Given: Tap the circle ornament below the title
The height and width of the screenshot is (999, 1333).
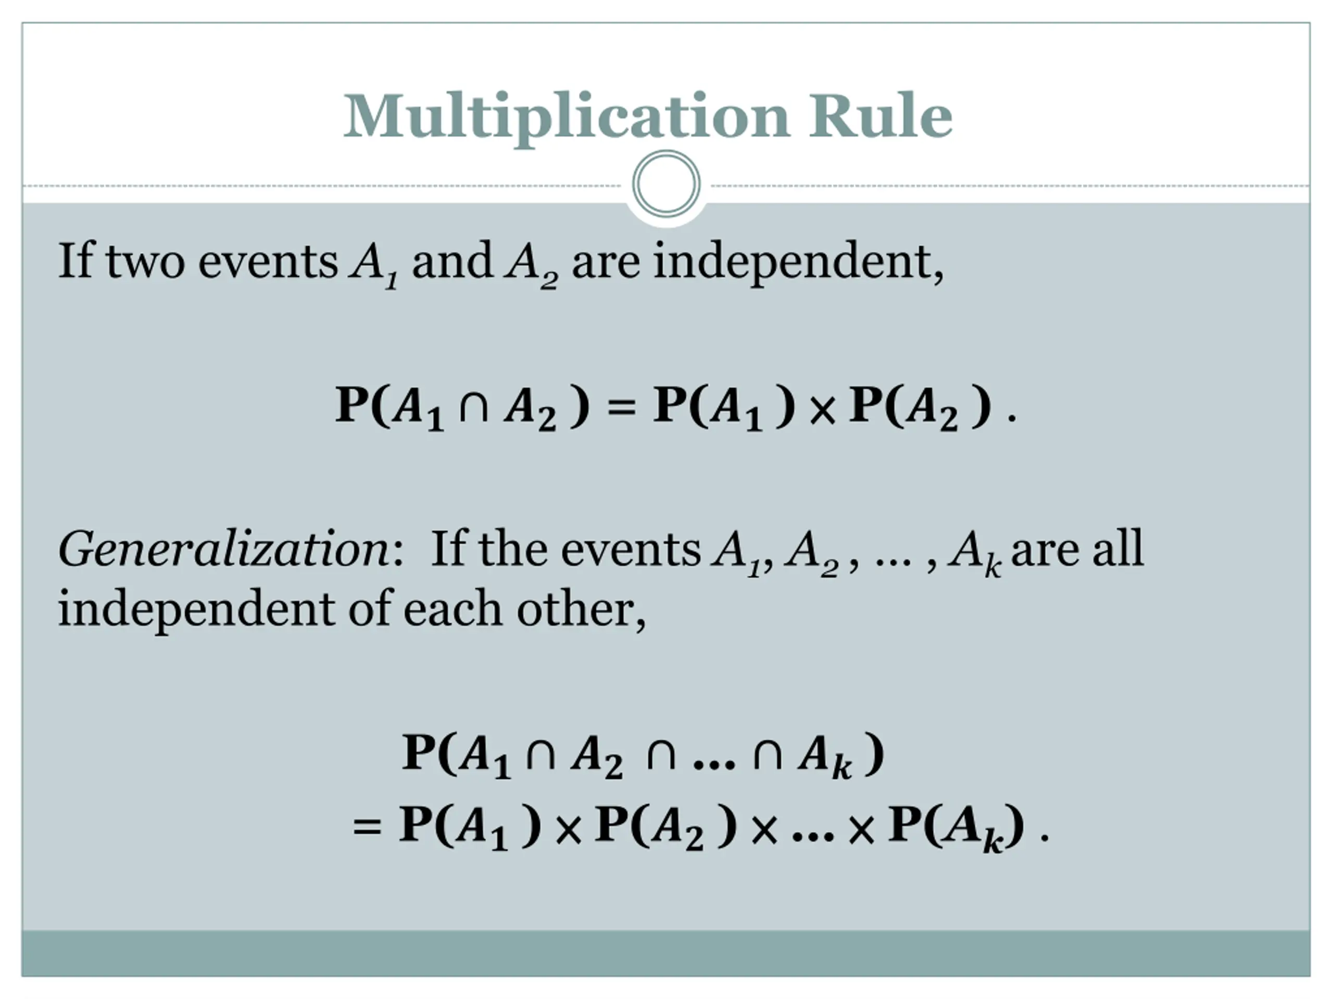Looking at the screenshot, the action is pyautogui.click(x=666, y=184).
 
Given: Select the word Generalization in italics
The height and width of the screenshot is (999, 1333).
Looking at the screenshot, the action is pyautogui.click(x=223, y=550).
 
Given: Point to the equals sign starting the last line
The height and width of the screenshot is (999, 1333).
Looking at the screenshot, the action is pyautogui.click(x=367, y=826).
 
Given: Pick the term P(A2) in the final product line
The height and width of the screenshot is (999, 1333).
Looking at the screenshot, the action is pyautogui.click(x=665, y=826).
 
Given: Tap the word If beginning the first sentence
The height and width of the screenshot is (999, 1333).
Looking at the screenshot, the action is pyautogui.click(x=76, y=262).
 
